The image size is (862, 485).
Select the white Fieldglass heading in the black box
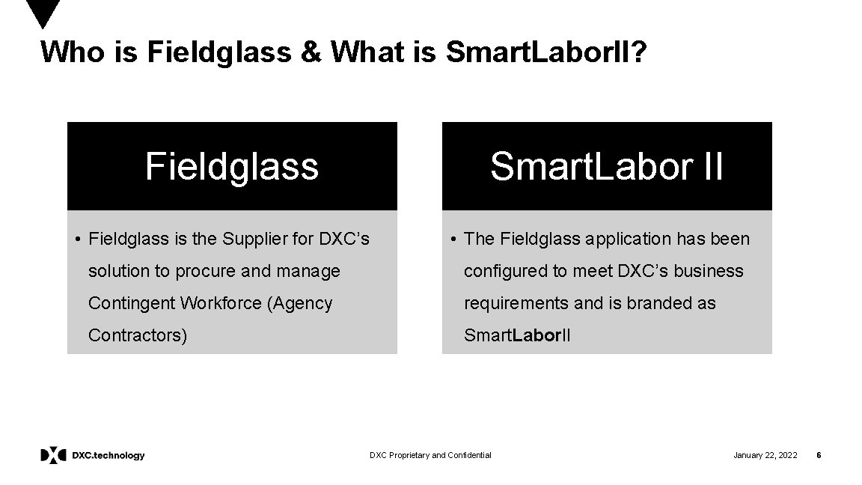tap(232, 166)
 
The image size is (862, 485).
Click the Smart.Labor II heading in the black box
tap(607, 166)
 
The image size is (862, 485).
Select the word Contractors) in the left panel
tap(138, 335)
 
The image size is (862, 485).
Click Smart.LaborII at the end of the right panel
tap(517, 335)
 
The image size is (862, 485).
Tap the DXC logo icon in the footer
tap(53, 455)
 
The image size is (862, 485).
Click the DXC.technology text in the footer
tap(108, 455)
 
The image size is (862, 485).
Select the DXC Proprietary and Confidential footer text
tap(431, 455)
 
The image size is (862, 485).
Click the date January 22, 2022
tap(765, 455)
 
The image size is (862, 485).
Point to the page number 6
tap(819, 455)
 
